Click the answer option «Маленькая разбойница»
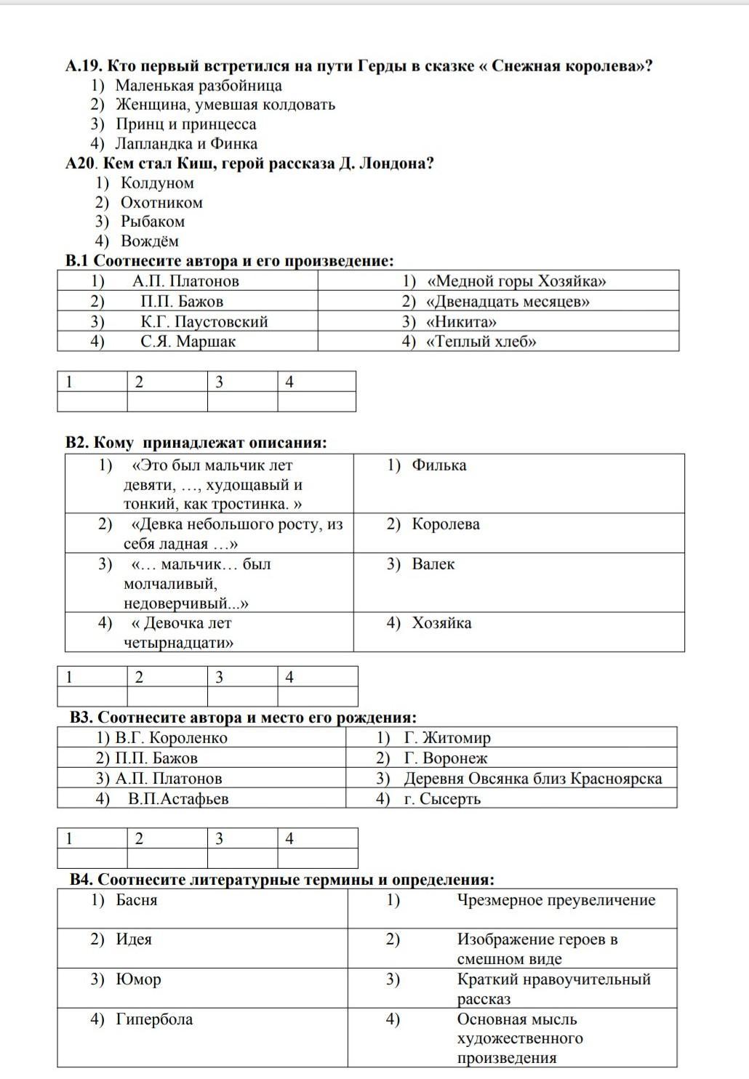point(199,85)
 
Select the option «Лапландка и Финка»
point(186,143)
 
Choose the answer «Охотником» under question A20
point(161,202)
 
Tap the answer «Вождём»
point(149,241)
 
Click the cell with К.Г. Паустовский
point(204,321)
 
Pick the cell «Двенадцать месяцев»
point(507,301)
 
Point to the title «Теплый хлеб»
point(481,341)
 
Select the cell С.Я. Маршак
point(188,341)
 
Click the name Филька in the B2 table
point(438,465)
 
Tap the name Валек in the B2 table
point(433,563)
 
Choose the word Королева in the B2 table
point(445,524)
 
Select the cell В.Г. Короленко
point(171,737)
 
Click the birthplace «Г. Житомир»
point(446,737)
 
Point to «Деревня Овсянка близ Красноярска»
point(532,778)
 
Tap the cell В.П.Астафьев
point(178,798)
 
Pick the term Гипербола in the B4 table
point(154,1019)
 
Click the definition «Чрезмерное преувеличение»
point(556,899)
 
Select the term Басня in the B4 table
point(136,899)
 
